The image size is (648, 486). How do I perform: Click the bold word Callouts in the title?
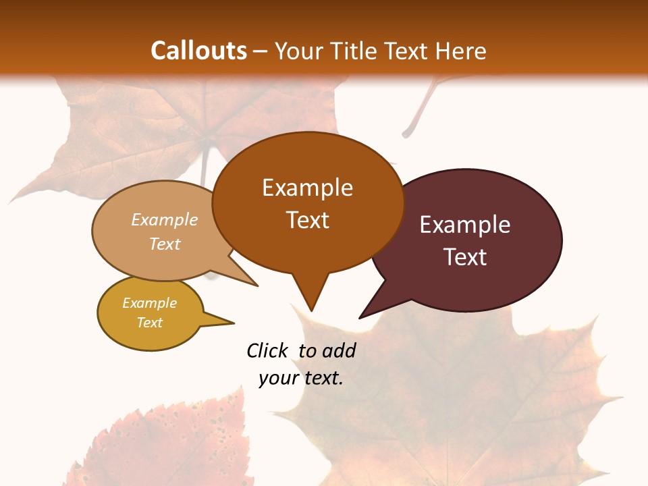[x=198, y=51]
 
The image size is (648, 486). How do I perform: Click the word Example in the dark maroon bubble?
[x=465, y=225]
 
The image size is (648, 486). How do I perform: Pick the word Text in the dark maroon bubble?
[x=465, y=256]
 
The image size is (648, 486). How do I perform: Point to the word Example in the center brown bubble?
[x=307, y=188]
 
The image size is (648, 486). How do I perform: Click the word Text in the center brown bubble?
[x=307, y=220]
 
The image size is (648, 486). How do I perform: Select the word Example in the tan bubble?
[x=164, y=220]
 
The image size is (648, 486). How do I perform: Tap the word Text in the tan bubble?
[x=164, y=244]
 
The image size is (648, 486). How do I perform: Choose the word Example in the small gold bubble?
[x=149, y=303]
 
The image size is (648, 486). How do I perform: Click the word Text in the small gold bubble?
[x=149, y=323]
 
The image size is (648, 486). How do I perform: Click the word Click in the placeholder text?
[x=269, y=350]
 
